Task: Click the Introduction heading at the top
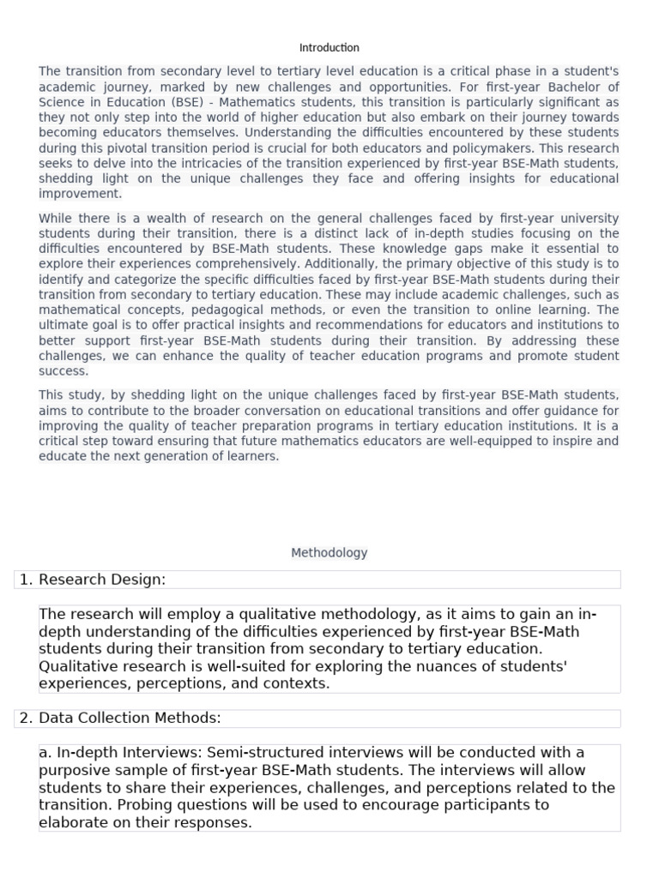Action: pos(329,48)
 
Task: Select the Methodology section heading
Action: pos(329,553)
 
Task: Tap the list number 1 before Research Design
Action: pos(25,580)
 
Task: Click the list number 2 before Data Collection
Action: pos(25,719)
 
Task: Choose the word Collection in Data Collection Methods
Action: pos(114,719)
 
